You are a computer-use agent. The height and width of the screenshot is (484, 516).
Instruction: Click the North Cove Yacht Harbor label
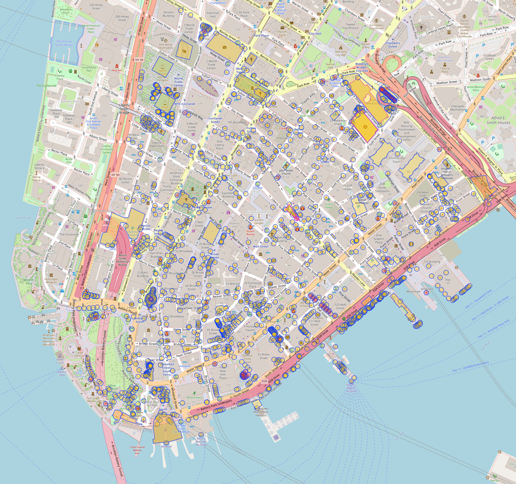pos(64,43)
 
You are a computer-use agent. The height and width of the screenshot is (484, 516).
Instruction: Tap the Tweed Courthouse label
pos(350,26)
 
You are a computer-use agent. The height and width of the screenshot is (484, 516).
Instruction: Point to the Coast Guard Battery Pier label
pos(137,450)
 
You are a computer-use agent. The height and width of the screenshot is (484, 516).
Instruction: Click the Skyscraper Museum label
pos(51,281)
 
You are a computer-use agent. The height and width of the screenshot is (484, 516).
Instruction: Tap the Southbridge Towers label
pos(397,160)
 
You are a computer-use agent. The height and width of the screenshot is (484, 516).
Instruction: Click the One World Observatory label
pos(166,46)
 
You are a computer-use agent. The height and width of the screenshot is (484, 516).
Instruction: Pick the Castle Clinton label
pos(79,354)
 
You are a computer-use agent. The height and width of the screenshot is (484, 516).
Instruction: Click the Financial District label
pos(259,212)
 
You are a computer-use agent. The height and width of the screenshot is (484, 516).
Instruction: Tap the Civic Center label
pos(427,17)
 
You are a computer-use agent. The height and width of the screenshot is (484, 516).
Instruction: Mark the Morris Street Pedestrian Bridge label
pos(123,260)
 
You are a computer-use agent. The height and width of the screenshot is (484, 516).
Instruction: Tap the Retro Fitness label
pos(194,397)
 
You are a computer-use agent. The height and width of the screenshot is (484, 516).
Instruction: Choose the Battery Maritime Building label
pos(201,441)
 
